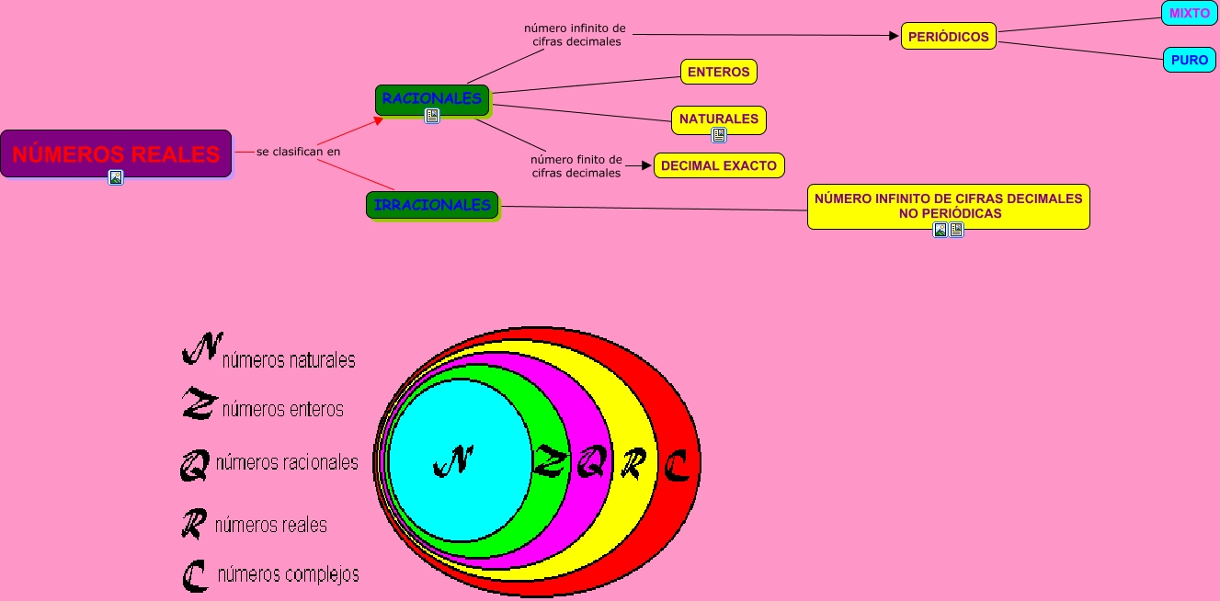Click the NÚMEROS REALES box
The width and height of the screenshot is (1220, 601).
tap(116, 153)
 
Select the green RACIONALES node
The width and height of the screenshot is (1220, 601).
tap(432, 98)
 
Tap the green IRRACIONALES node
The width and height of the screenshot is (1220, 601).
tap(432, 205)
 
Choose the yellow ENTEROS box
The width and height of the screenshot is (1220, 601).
tap(719, 72)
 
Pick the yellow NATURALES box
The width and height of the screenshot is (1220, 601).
tap(719, 119)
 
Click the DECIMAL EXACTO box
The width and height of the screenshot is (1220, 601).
tap(719, 165)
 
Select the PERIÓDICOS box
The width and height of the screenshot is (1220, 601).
tap(948, 36)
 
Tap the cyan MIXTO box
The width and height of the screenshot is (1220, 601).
tap(1190, 13)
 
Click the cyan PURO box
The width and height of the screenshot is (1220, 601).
tap(1190, 60)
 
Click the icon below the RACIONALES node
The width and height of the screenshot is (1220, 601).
tap(432, 116)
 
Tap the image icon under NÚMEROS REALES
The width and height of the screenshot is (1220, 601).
tap(116, 177)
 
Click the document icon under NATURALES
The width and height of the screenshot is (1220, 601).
tap(719, 135)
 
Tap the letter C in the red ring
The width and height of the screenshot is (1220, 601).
tap(676, 466)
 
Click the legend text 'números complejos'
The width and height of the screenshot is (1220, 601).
tap(288, 575)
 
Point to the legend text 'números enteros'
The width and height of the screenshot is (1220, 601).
tap(283, 409)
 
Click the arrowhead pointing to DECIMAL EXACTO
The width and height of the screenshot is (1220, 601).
tap(645, 165)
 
